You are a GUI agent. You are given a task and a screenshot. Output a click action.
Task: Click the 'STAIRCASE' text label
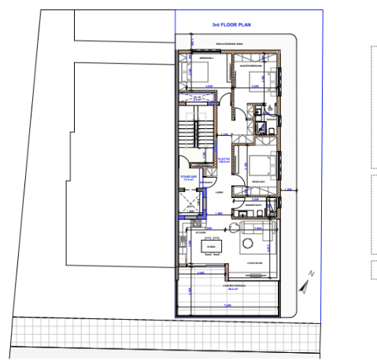(188, 178)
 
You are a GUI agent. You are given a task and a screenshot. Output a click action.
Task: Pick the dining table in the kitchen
(210, 246)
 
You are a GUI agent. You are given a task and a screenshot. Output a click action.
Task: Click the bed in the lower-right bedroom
(264, 167)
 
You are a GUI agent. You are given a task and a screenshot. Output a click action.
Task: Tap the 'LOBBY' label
(220, 191)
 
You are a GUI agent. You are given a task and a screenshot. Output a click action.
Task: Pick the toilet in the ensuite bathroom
(264, 126)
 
